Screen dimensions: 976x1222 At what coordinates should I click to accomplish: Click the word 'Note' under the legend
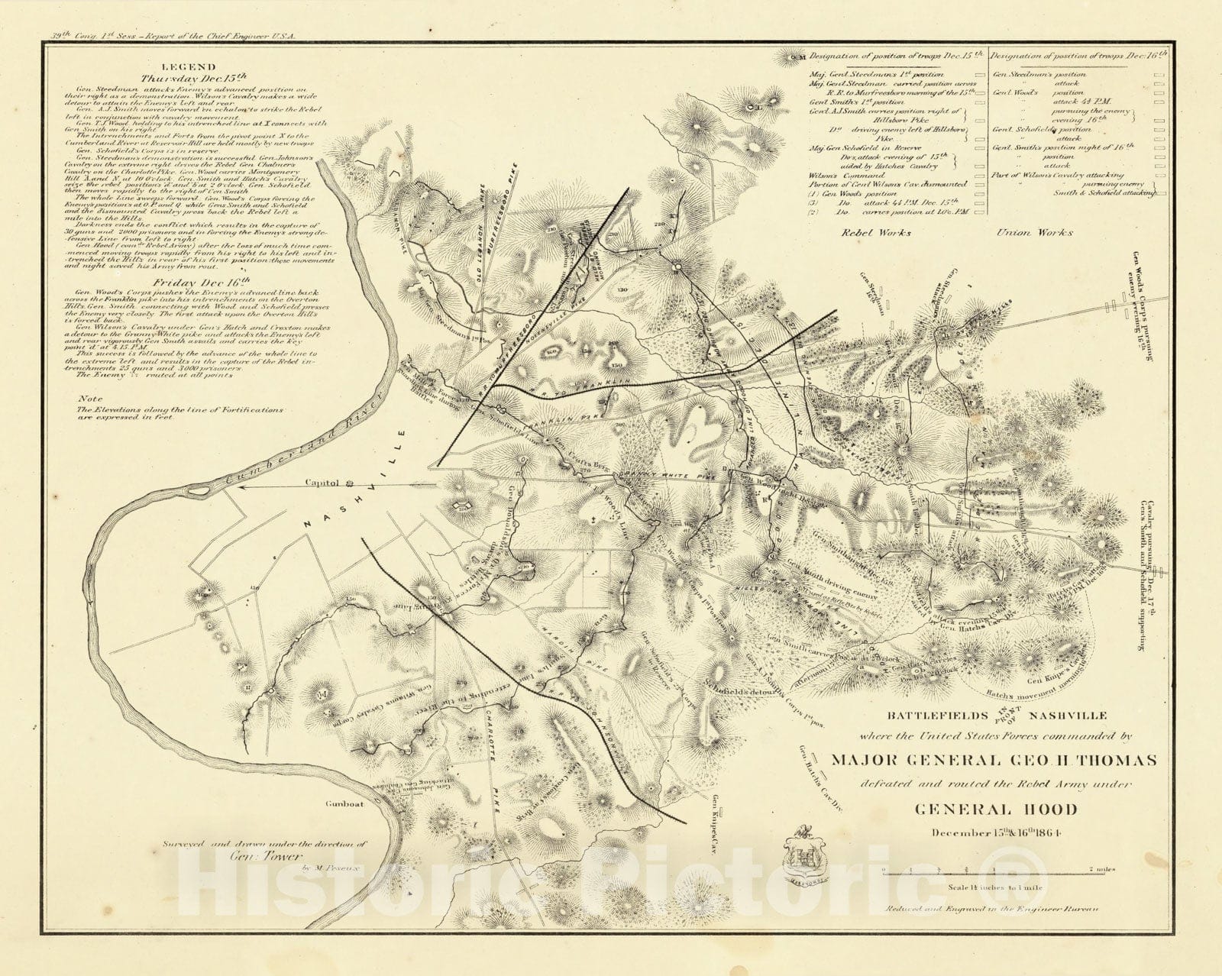coord(91,399)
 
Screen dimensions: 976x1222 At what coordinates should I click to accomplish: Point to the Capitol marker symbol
coord(349,483)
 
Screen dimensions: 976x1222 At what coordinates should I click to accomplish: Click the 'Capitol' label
coord(323,483)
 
